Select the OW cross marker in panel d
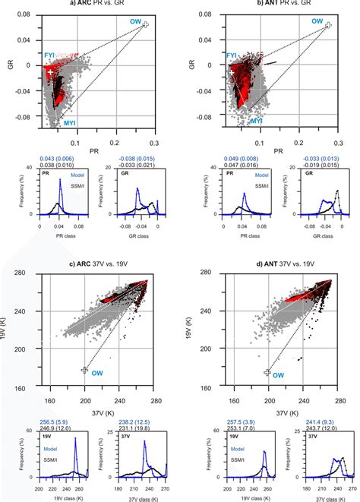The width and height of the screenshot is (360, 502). tap(267, 371)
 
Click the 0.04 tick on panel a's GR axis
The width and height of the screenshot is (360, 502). tap(29, 38)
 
